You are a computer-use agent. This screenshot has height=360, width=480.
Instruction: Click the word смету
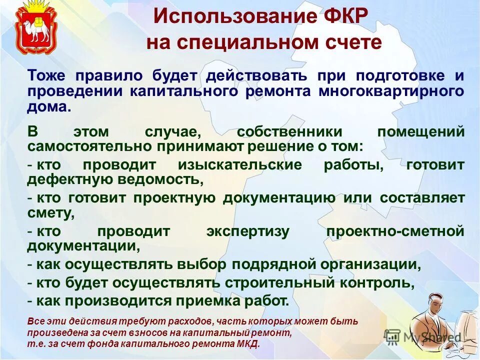[51, 212]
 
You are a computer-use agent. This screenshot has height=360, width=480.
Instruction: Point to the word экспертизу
[247, 231]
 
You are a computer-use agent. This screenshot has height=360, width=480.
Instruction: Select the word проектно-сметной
[395, 231]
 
